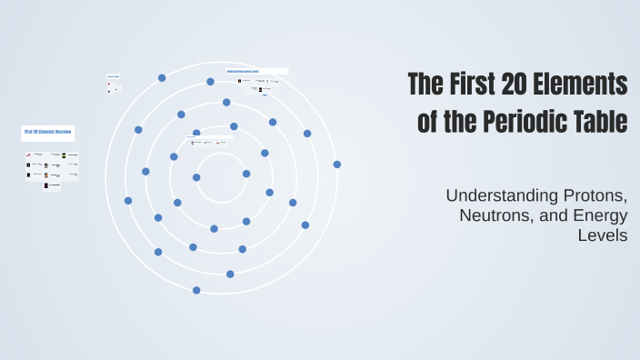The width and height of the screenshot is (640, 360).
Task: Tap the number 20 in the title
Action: click(x=516, y=85)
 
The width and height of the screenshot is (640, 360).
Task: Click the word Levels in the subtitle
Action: click(x=603, y=235)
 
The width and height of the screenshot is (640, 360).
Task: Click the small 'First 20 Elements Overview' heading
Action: click(x=47, y=132)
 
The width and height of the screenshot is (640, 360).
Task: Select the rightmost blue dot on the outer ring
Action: click(x=336, y=165)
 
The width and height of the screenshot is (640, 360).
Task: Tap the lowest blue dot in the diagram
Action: click(x=196, y=290)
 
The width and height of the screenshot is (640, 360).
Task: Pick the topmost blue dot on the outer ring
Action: click(x=162, y=78)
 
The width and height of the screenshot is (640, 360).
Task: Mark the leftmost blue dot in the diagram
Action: click(x=128, y=200)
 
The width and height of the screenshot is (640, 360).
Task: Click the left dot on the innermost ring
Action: click(x=196, y=177)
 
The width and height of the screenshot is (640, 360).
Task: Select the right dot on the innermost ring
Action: click(x=246, y=174)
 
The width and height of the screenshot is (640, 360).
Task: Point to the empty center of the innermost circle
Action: click(x=221, y=177)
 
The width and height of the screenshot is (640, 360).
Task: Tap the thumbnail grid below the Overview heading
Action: click(x=52, y=169)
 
